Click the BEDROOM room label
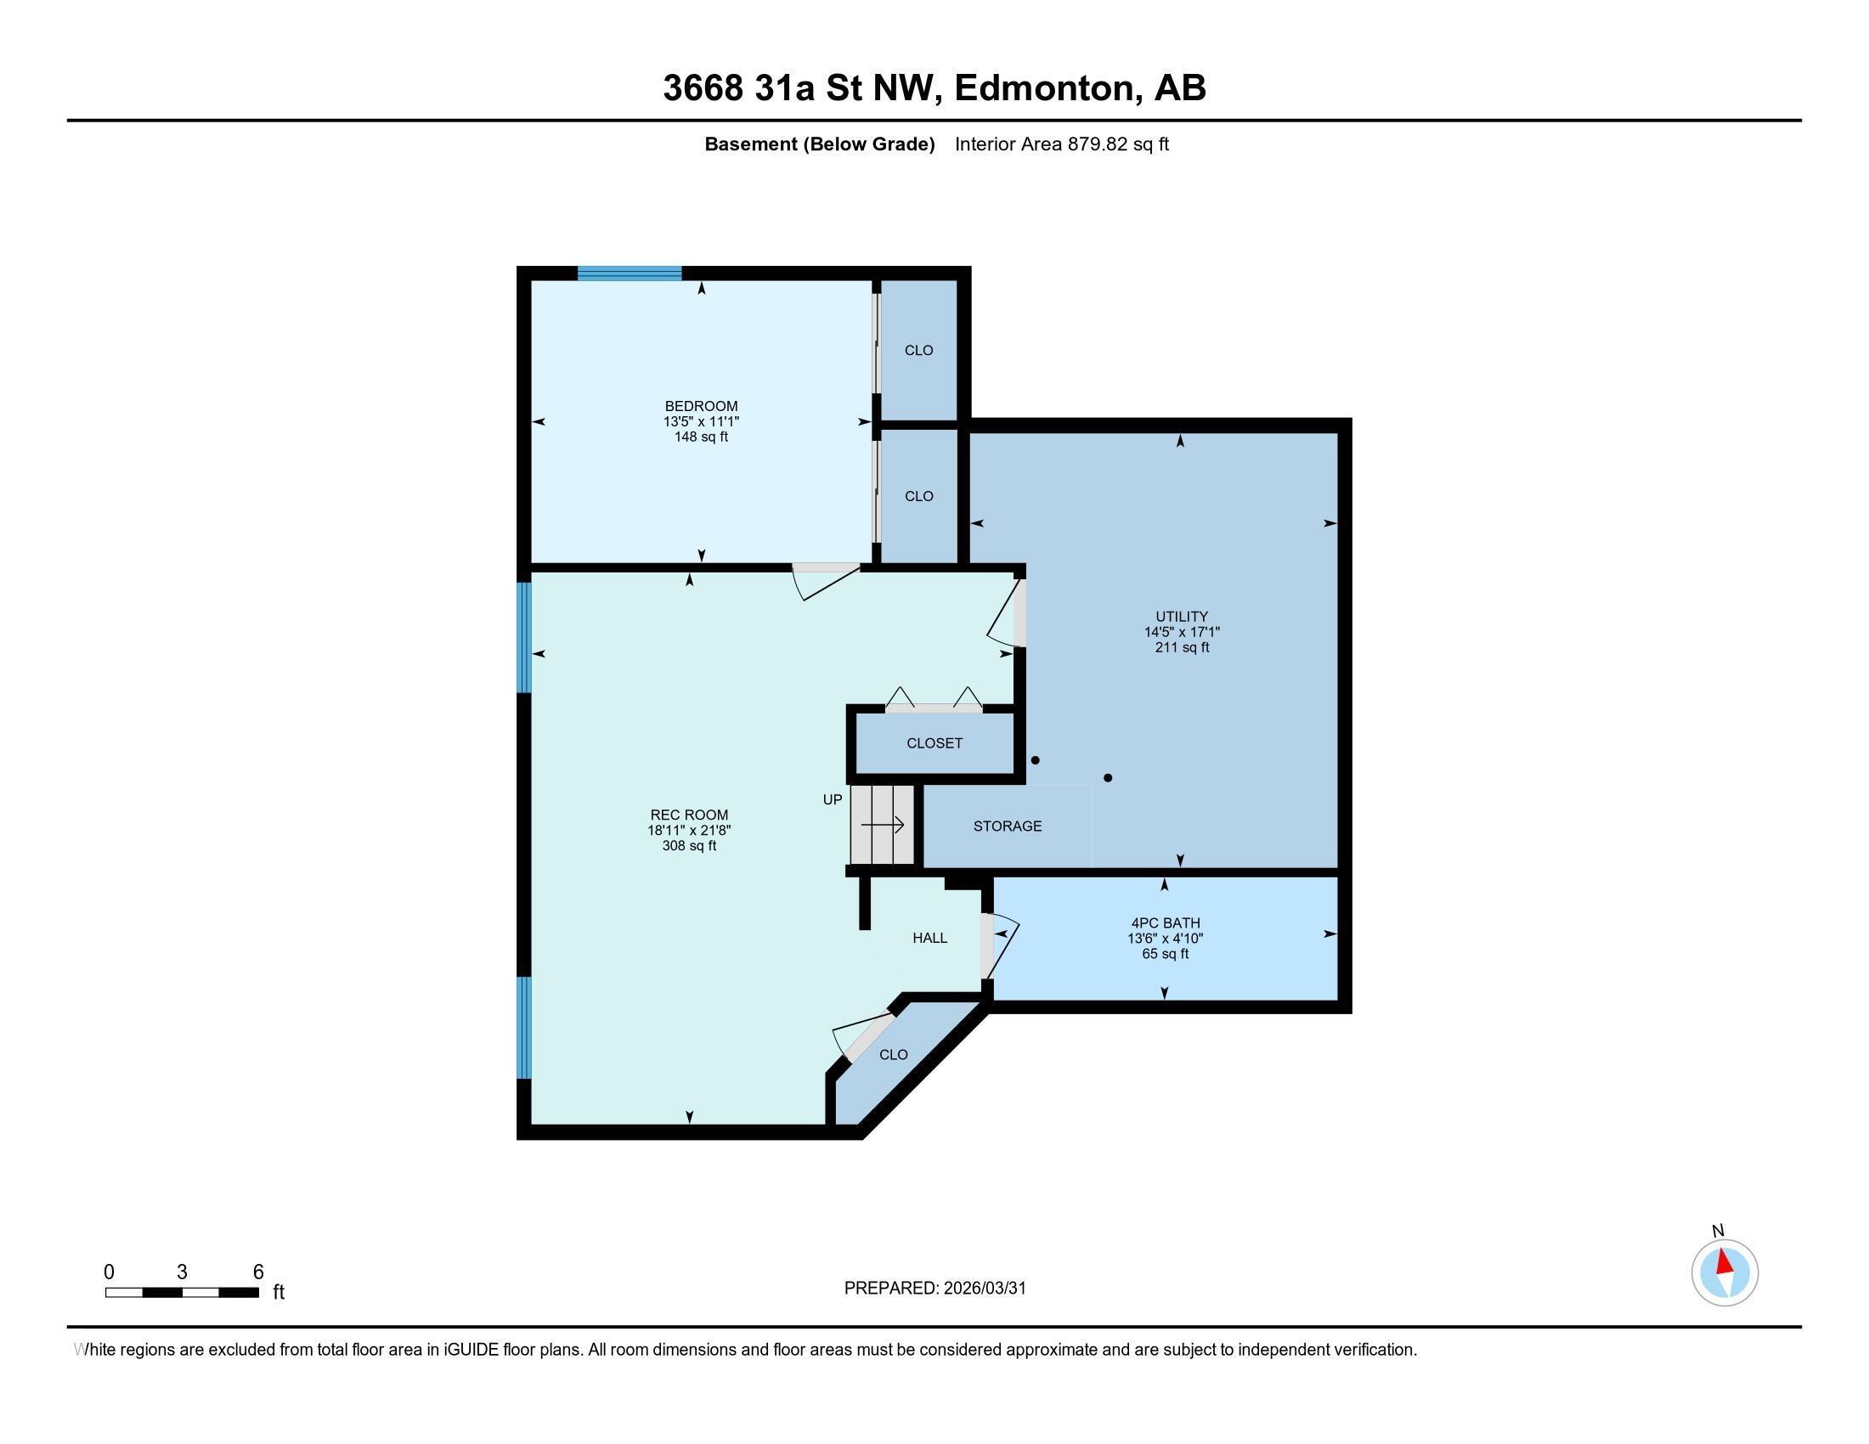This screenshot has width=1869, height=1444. (x=701, y=405)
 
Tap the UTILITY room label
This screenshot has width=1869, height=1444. (x=1181, y=616)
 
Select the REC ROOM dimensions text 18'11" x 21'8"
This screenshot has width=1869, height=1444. (x=689, y=830)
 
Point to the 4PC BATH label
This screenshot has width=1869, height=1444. (x=1165, y=922)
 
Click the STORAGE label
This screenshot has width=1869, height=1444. (x=1008, y=826)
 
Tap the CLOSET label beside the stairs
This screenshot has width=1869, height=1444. (x=934, y=742)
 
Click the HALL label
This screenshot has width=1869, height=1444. (x=929, y=938)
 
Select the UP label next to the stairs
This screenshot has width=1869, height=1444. (x=832, y=799)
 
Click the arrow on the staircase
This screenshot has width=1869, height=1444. (x=884, y=825)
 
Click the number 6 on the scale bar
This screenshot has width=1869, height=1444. (x=257, y=1272)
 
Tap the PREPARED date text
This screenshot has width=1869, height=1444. (x=934, y=1288)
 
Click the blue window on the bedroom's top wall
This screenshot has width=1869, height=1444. (x=629, y=273)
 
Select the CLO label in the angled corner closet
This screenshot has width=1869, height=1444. (x=894, y=1055)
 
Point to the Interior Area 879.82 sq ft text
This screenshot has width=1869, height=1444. (x=1061, y=144)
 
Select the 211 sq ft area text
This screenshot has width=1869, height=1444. (x=1181, y=647)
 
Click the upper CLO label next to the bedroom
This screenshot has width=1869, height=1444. (x=918, y=350)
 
